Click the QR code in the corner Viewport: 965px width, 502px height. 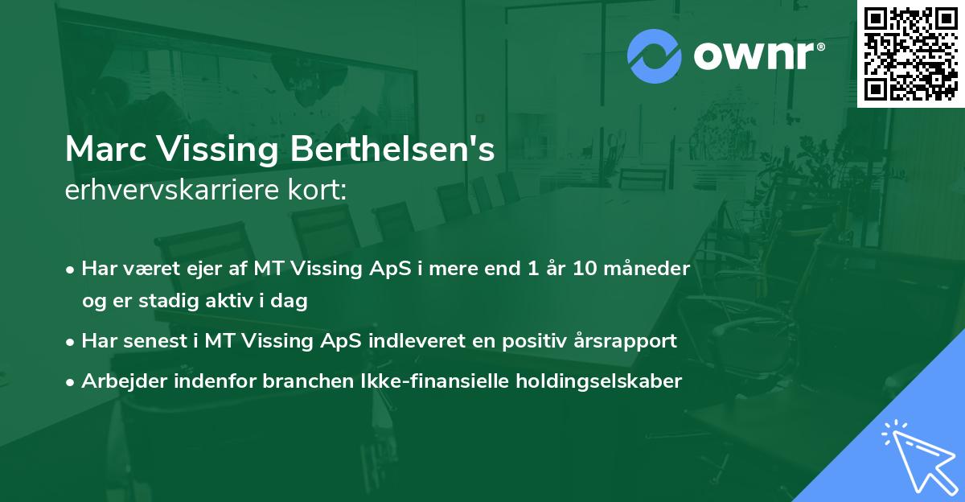[x=910, y=54]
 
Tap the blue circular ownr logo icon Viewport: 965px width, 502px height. [x=655, y=56]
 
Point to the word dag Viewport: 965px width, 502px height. [x=292, y=302]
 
